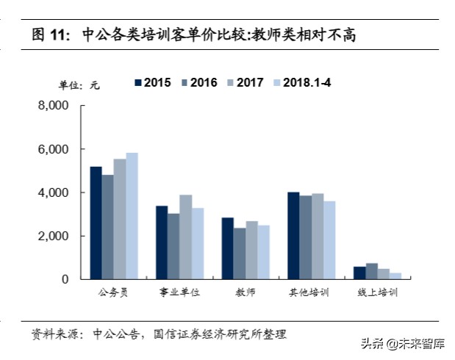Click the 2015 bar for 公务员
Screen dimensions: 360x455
coord(96,223)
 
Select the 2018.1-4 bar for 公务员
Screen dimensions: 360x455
coord(132,216)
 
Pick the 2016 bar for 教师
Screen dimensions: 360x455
coord(240,253)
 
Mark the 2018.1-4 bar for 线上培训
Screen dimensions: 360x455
coord(395,276)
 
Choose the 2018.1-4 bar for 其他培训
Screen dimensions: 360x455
coord(329,240)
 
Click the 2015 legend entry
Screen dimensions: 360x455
coord(152,82)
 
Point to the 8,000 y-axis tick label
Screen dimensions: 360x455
coord(53,106)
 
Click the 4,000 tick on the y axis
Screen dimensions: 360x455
coord(53,192)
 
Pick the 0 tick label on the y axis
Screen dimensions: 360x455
coord(65,279)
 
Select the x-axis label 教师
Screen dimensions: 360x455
coord(246,293)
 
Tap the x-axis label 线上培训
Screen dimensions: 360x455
coord(378,293)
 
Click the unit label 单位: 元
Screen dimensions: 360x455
coord(79,84)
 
